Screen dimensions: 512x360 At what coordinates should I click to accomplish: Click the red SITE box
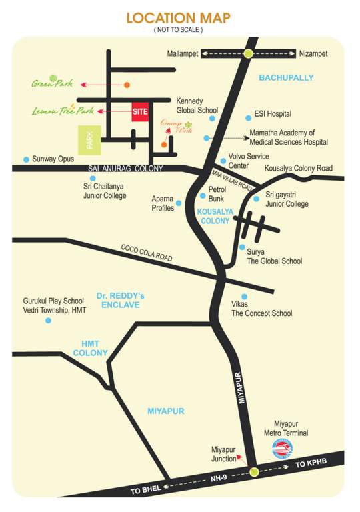point(139,113)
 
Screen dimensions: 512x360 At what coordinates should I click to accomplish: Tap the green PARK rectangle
point(89,140)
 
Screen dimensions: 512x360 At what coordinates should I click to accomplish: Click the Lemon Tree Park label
point(63,111)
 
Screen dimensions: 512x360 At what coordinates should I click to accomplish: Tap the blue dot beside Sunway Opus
point(26,159)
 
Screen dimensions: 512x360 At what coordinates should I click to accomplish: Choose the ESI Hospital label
point(273,114)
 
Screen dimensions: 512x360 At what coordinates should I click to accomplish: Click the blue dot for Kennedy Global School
point(212,118)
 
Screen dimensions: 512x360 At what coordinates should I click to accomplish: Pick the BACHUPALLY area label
point(285,78)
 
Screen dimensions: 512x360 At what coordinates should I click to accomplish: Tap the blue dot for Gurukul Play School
point(48,321)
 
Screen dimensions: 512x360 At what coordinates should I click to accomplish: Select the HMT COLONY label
point(90,347)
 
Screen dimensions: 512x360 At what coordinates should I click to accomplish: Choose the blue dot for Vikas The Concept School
point(245,297)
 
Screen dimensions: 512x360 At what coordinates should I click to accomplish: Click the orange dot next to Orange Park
point(163,143)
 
